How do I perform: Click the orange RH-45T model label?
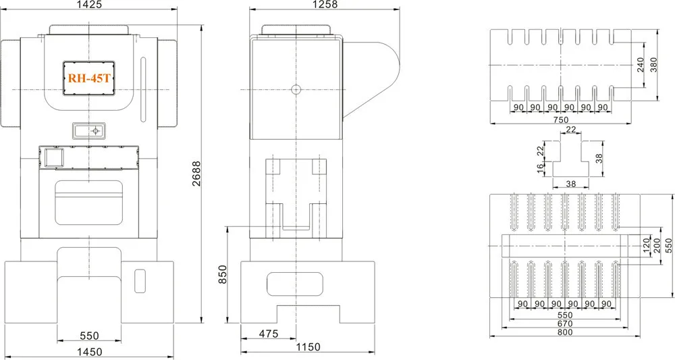89,78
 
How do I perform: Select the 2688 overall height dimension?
196,174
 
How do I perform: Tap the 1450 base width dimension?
89,352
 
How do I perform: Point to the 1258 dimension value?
325,4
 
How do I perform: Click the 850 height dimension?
222,275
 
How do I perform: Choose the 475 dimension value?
269,333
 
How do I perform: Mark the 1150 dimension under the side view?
308,346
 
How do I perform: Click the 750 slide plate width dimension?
560,120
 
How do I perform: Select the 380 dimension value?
654,65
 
